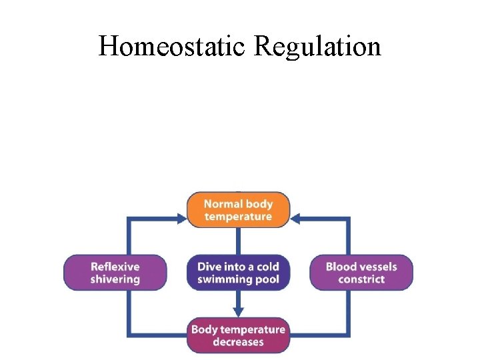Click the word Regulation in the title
[317, 47]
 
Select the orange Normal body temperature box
[238, 210]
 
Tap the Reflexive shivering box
[115, 273]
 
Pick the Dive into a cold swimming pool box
[238, 273]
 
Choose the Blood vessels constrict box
[361, 273]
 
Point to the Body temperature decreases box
[238, 335]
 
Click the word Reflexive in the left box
[115, 267]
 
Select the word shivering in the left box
[115, 279]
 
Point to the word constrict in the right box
[361, 279]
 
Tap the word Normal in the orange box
[221, 204]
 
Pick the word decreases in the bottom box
[238, 342]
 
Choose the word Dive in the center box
[209, 267]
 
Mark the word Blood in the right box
[341, 267]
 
